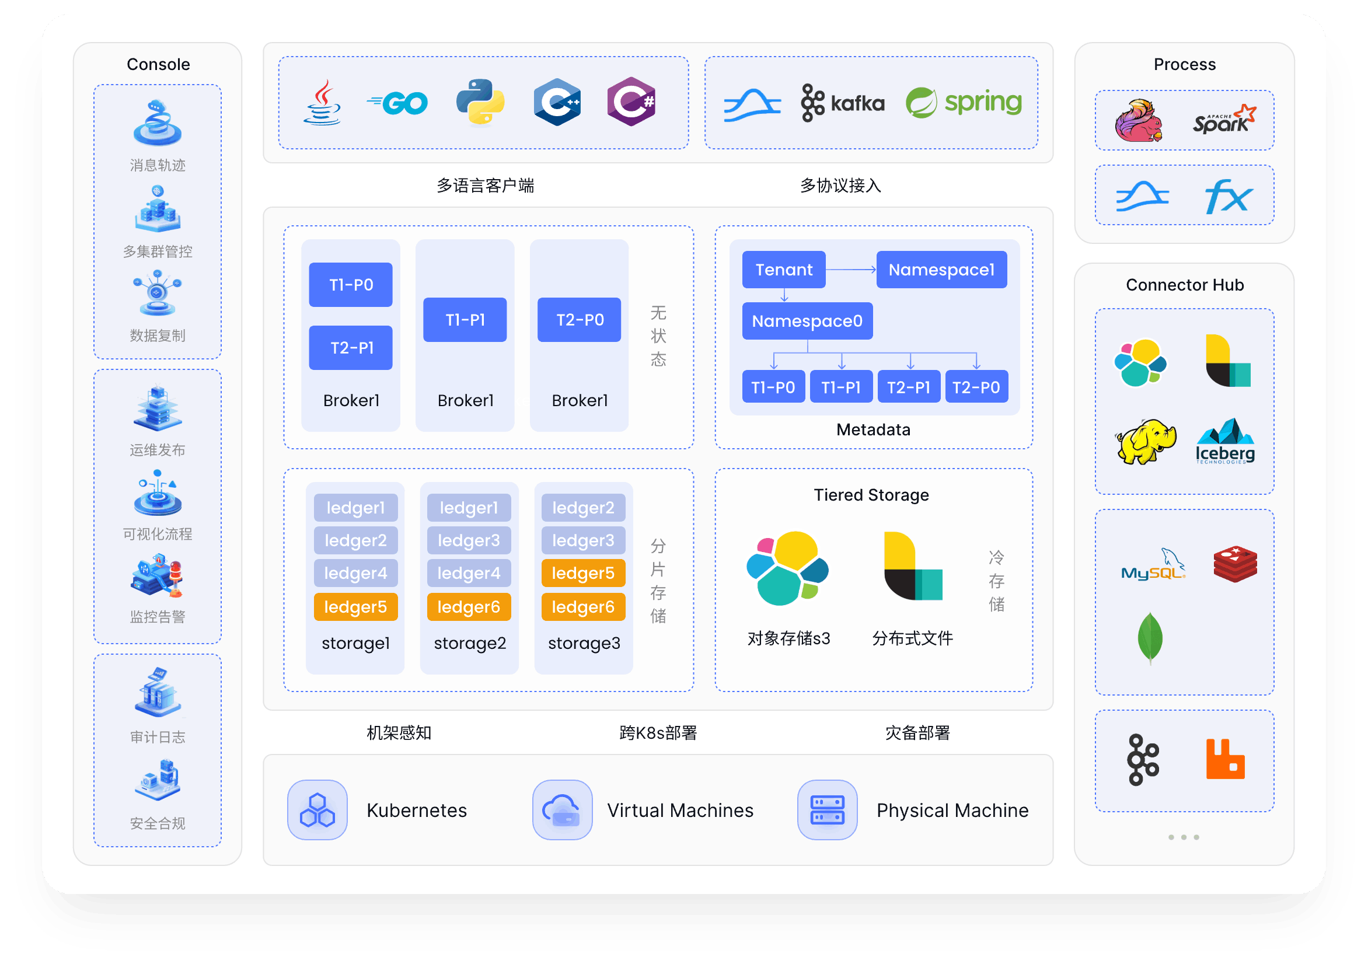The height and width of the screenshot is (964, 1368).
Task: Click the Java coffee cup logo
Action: pos(322,103)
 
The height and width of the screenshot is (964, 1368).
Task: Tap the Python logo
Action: pos(480,102)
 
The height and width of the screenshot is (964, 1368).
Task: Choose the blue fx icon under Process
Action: pos(1228,196)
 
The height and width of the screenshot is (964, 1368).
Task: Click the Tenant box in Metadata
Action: pos(783,270)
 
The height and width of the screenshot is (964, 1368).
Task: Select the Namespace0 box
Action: pos(807,321)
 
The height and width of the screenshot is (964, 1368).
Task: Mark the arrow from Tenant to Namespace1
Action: pos(850,270)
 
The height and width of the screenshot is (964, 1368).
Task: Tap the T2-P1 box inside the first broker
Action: pos(351,348)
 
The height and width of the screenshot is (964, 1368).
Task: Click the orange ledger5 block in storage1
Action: pos(355,607)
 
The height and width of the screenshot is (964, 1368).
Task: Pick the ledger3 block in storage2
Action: pos(469,540)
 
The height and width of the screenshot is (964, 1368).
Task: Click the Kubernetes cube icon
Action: pos(317,811)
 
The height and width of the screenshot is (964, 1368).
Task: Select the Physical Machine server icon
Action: pos(827,811)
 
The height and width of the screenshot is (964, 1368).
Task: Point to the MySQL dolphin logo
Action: pos(1153,565)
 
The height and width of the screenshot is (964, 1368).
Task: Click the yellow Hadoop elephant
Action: pos(1144,442)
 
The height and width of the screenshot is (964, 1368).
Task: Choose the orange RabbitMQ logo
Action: pos(1225,759)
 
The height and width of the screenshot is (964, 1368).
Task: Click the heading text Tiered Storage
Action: pos(871,495)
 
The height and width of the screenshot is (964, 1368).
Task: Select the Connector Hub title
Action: pos(1185,285)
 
